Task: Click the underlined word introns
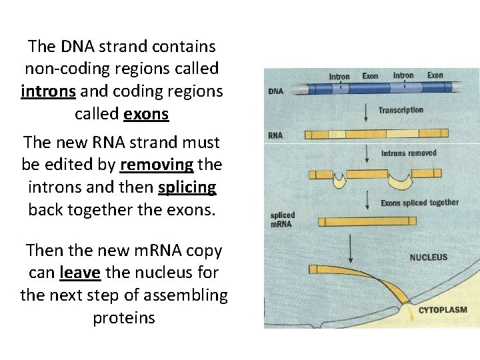coord(49,91)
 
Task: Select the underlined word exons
coord(146,114)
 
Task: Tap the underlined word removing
coord(156,164)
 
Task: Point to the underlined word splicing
coord(187,187)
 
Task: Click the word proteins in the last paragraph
coord(124,318)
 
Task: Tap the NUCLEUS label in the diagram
coord(429,257)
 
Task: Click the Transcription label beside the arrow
coord(401,110)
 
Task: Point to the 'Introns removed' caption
coord(409,153)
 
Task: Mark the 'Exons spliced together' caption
coord(419,203)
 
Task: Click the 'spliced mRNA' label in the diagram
coord(283,219)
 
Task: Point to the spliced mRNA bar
coord(369,222)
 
